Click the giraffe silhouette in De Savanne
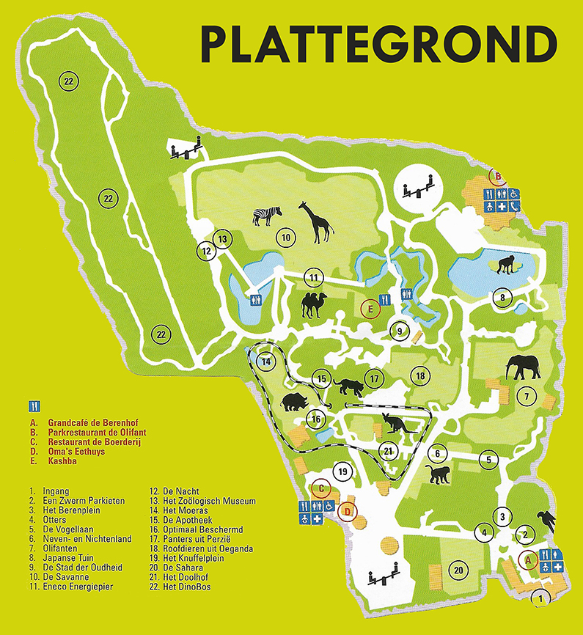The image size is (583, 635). click(x=315, y=222)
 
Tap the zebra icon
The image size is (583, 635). click(x=267, y=215)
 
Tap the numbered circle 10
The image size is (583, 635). click(x=285, y=238)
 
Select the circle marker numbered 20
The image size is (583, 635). click(x=459, y=570)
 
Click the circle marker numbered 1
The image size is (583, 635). click(x=541, y=598)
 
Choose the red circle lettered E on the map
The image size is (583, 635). click(x=371, y=309)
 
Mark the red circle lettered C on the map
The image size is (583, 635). click(x=319, y=488)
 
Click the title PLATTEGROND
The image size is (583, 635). click(x=378, y=45)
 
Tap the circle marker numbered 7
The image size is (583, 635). click(x=526, y=397)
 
